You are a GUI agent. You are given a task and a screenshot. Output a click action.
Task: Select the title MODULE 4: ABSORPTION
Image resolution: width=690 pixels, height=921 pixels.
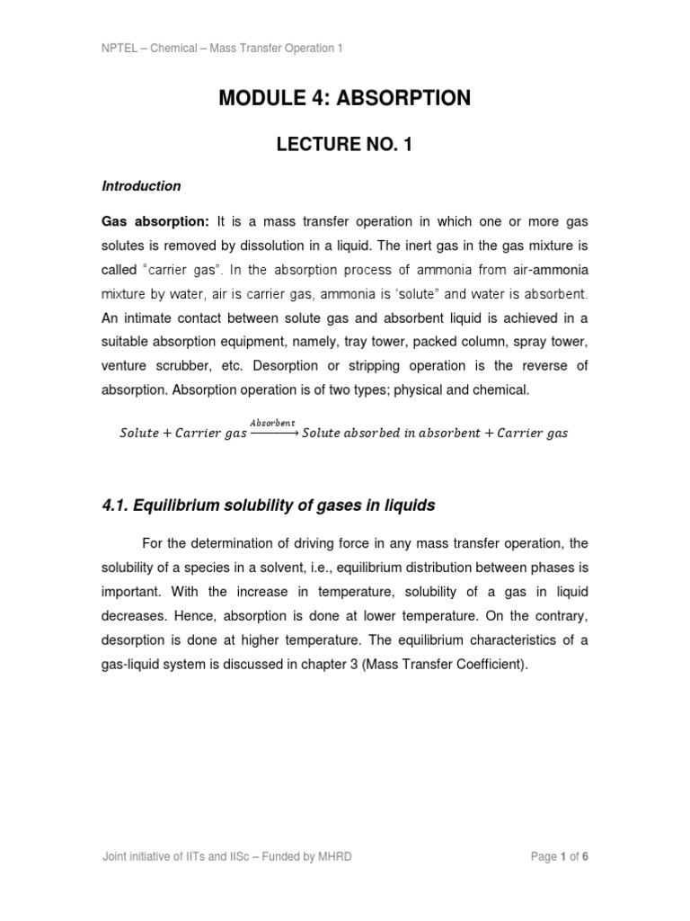[x=344, y=99]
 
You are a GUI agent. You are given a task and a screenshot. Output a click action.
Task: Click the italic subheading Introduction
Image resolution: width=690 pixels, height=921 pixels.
[x=141, y=186]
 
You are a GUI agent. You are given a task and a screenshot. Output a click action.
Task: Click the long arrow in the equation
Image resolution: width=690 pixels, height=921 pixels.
[x=274, y=433]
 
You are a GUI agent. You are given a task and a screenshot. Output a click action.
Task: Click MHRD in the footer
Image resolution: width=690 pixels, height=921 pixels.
[x=335, y=857]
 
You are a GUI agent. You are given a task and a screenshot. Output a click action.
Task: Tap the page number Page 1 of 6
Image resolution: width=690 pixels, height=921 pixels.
[x=559, y=857]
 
